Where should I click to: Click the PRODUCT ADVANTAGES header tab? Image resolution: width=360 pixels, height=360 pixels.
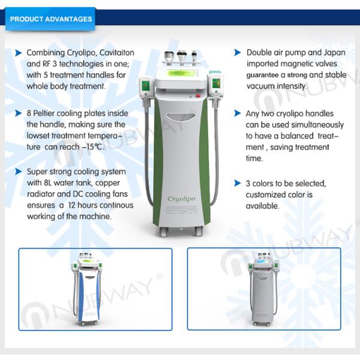[51, 19]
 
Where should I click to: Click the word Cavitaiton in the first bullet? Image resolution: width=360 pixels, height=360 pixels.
[115, 53]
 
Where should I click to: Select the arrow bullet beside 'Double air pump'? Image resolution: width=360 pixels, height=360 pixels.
[238, 53]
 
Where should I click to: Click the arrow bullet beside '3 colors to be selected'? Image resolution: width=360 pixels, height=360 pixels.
[238, 184]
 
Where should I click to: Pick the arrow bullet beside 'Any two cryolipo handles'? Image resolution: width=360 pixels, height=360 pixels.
[238, 113]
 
